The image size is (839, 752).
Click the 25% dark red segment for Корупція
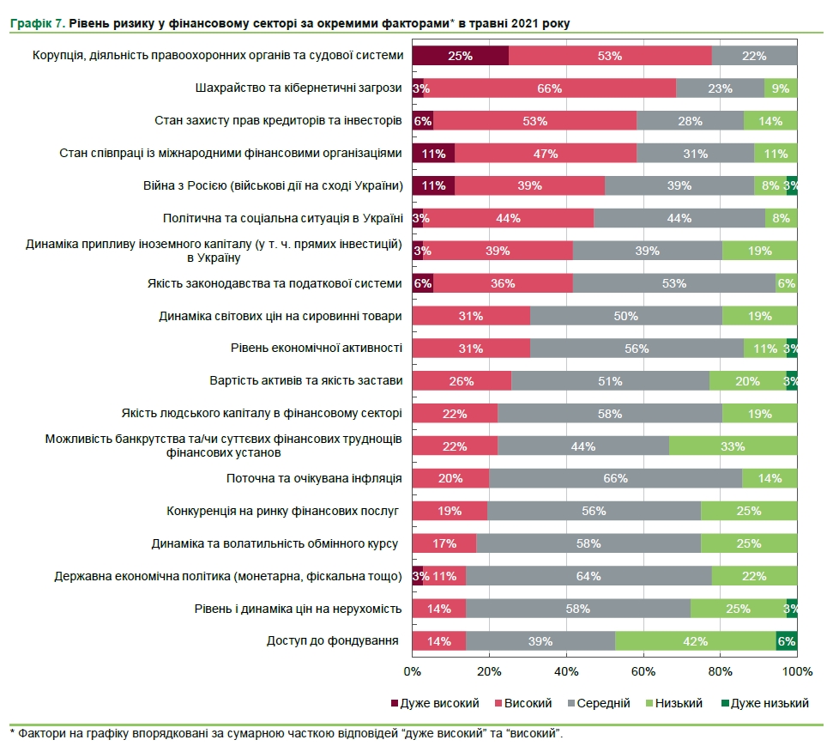(x=461, y=56)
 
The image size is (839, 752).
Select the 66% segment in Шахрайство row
(x=549, y=88)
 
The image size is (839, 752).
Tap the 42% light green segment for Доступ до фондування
(x=695, y=640)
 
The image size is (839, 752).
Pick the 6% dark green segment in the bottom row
(x=787, y=640)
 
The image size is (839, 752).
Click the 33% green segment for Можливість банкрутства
(x=733, y=446)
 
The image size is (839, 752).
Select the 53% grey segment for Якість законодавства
(x=673, y=283)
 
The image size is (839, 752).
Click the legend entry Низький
(x=679, y=703)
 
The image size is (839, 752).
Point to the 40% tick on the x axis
(x=566, y=670)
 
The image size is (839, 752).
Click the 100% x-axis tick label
(x=797, y=670)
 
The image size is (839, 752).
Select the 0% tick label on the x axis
(x=413, y=670)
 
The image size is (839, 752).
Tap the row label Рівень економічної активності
(x=316, y=348)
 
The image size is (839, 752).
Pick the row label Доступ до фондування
(x=333, y=640)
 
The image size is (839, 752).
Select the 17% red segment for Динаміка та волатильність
(x=444, y=543)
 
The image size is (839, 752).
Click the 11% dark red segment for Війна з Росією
(x=433, y=185)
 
